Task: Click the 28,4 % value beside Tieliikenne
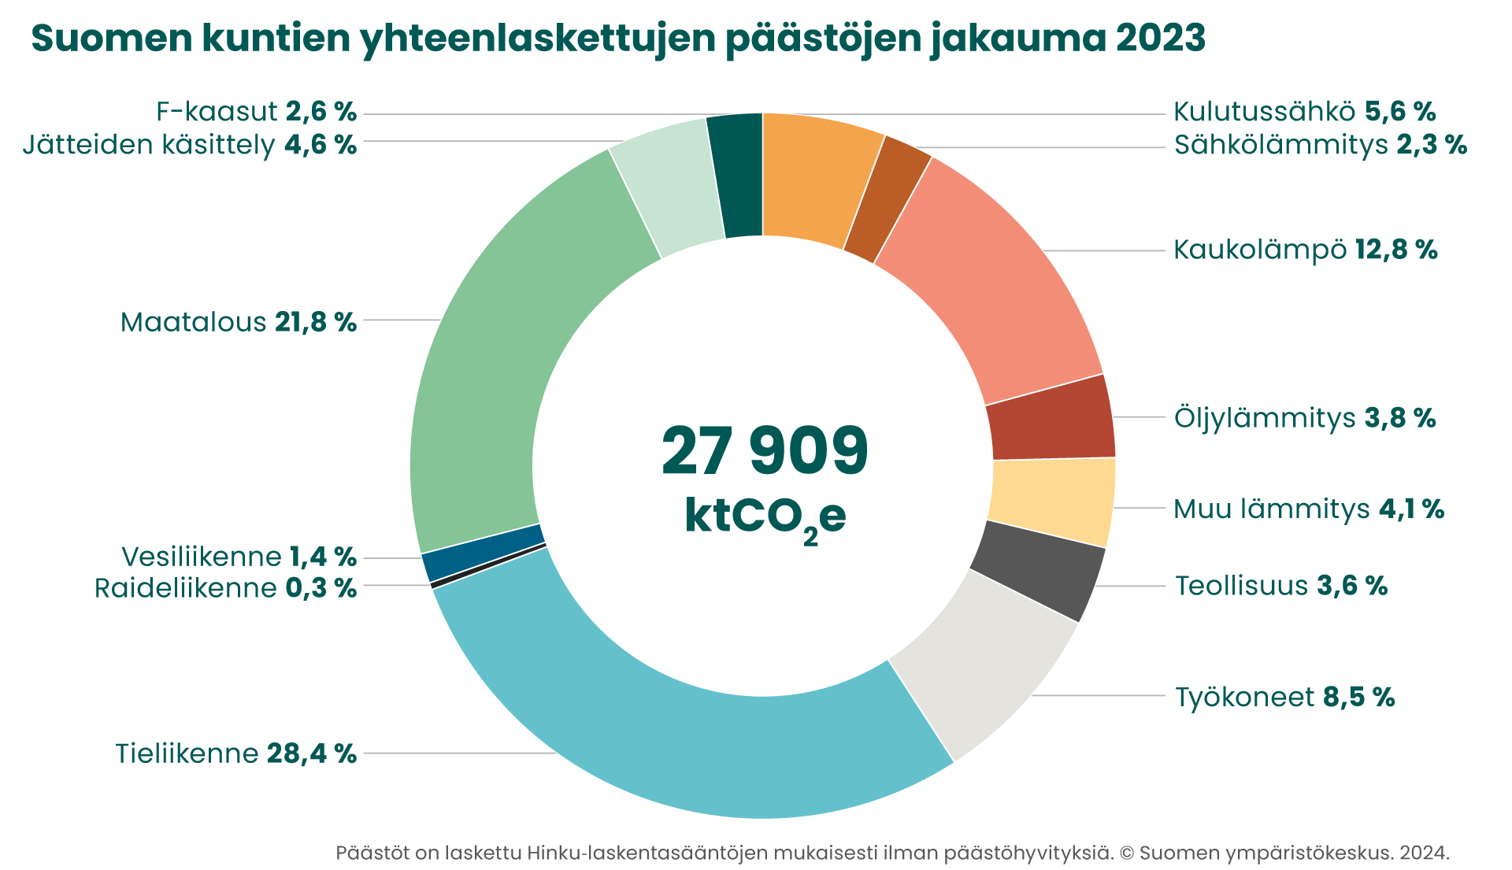point(312,753)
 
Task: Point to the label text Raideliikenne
point(185,588)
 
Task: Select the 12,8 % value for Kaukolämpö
point(1396,250)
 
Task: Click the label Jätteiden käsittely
point(149,145)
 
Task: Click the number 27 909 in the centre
point(764,451)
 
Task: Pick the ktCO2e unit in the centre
point(765,517)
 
